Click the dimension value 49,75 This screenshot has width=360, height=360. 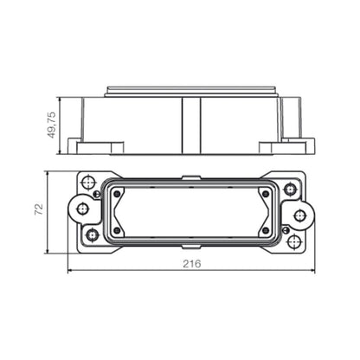[x=52, y=123]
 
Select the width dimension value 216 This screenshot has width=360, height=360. [x=191, y=264]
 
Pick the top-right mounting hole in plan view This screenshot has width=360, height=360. [x=291, y=187]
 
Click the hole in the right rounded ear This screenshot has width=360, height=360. [x=300, y=215]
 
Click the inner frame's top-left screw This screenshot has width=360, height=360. [x=118, y=194]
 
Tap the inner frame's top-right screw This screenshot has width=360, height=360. [x=265, y=195]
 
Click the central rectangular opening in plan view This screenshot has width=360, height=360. [x=191, y=212]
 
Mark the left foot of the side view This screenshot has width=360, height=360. [x=84, y=139]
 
